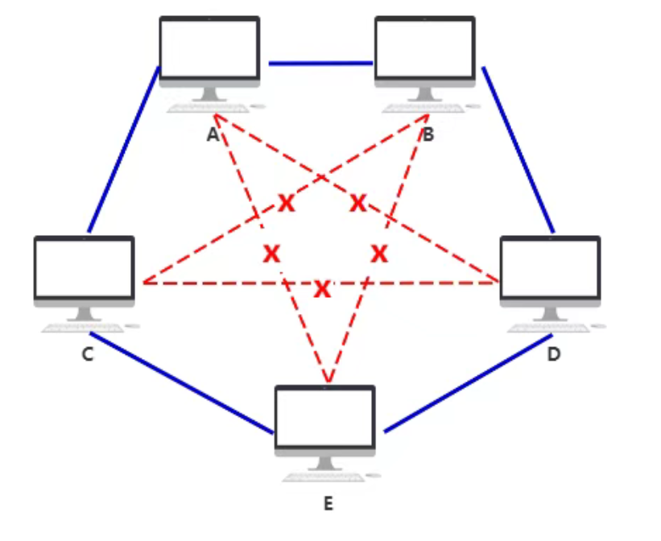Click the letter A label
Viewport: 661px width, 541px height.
click(x=213, y=134)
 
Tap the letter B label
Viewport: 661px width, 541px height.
click(x=428, y=134)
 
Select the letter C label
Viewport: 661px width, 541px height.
click(x=88, y=354)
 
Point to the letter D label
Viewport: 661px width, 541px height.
click(x=553, y=354)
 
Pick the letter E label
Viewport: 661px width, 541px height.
click(x=328, y=505)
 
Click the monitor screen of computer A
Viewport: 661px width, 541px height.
click(x=209, y=47)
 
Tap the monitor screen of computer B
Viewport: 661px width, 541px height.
click(x=425, y=47)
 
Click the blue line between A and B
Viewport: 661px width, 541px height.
click(x=320, y=62)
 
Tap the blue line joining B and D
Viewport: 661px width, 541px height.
click(x=518, y=150)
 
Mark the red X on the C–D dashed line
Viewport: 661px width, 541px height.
click(x=322, y=288)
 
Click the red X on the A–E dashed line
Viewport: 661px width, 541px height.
click(x=271, y=254)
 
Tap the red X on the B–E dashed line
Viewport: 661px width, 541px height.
click(x=379, y=254)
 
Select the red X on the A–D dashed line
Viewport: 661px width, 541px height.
click(x=358, y=204)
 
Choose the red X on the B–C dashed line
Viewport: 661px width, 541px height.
click(x=287, y=204)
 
